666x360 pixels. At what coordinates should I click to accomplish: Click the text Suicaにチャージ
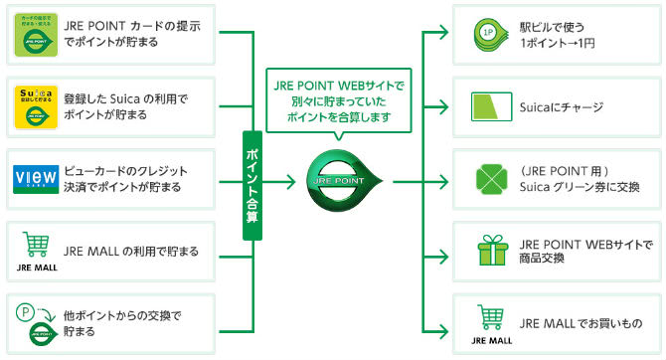563,102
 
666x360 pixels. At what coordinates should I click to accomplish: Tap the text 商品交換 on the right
542,259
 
